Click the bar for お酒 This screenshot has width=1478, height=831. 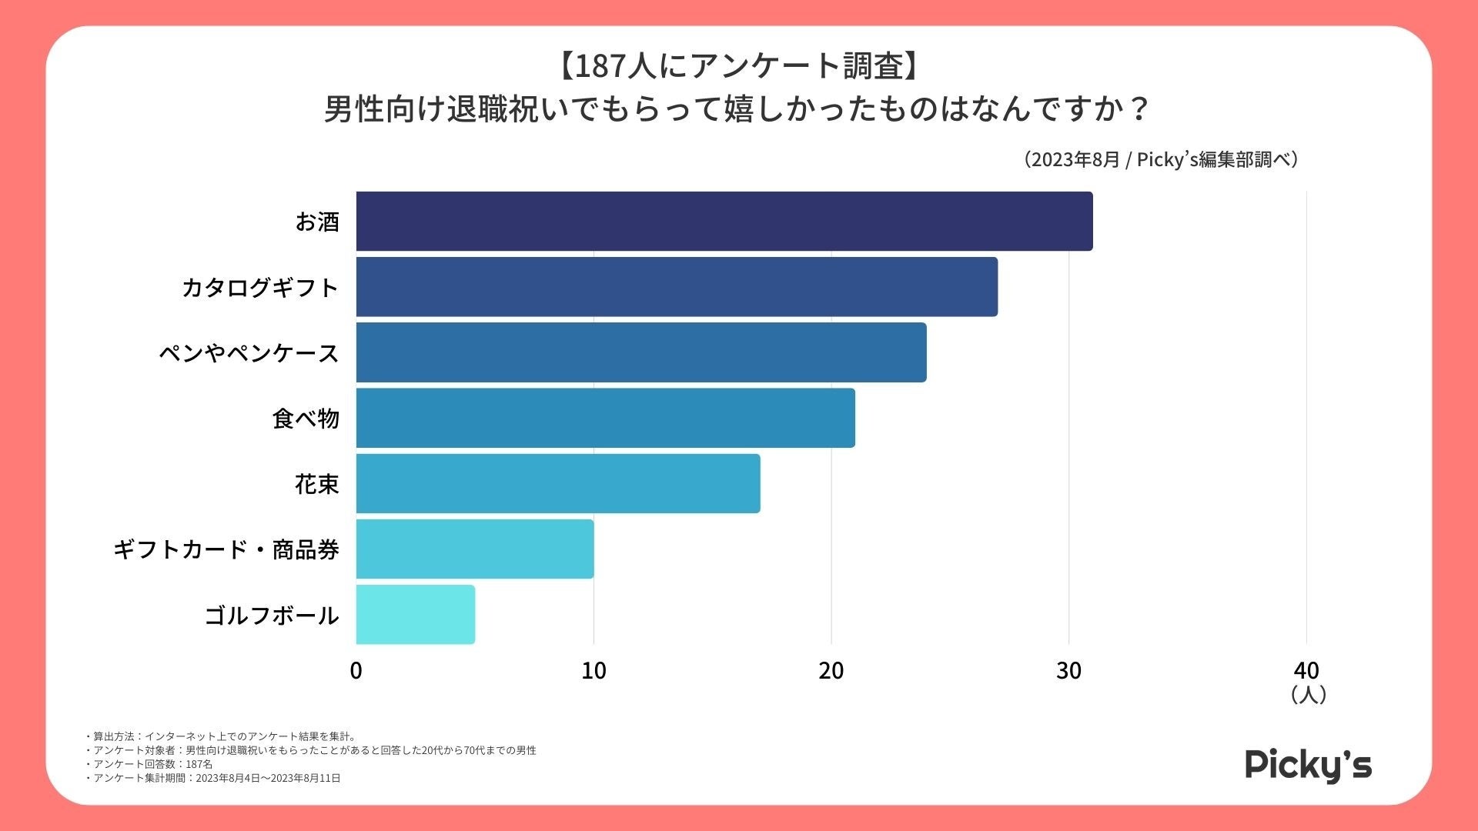(x=724, y=221)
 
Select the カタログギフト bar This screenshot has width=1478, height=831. (x=676, y=286)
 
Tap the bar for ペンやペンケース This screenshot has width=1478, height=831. (x=640, y=352)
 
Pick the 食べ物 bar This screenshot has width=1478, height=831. (x=605, y=418)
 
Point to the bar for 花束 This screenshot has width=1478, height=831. (x=557, y=483)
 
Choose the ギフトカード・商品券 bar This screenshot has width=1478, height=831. (x=474, y=549)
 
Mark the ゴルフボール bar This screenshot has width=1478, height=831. (x=415, y=614)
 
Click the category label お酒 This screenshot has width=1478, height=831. (x=317, y=222)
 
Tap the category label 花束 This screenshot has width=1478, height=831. (x=316, y=484)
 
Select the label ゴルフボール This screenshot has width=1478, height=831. (x=272, y=616)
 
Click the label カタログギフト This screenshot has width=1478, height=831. (x=260, y=288)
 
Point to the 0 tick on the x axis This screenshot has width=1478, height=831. (x=356, y=671)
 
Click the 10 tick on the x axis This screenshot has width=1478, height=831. (x=594, y=671)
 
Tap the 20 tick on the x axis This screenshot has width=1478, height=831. (x=831, y=671)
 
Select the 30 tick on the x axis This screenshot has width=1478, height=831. (x=1068, y=671)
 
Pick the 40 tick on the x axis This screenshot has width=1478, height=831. (x=1306, y=671)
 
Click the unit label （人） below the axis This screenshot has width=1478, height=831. (x=1308, y=695)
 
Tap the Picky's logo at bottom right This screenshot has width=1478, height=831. (x=1308, y=765)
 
